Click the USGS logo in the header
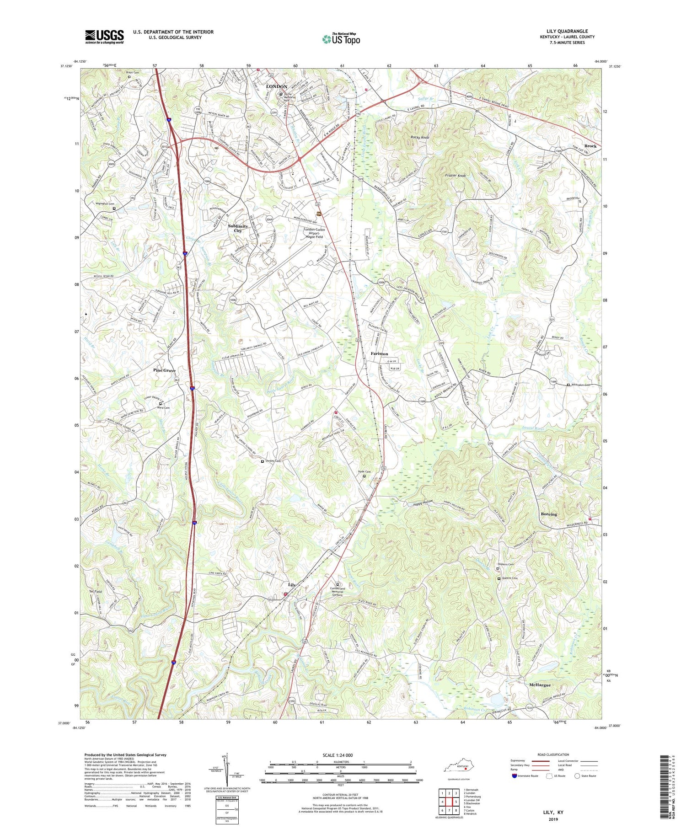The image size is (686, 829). click(104, 37)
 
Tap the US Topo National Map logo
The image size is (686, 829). click(341, 39)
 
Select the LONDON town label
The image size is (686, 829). click(276, 86)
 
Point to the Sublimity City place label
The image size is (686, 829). click(238, 228)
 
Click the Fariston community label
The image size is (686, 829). click(379, 353)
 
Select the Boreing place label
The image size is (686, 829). click(549, 514)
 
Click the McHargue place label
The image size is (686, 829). click(540, 685)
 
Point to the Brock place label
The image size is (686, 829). click(590, 146)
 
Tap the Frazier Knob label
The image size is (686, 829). click(455, 176)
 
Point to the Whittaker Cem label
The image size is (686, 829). click(580, 385)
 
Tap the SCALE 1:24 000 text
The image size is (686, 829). click(340, 755)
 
